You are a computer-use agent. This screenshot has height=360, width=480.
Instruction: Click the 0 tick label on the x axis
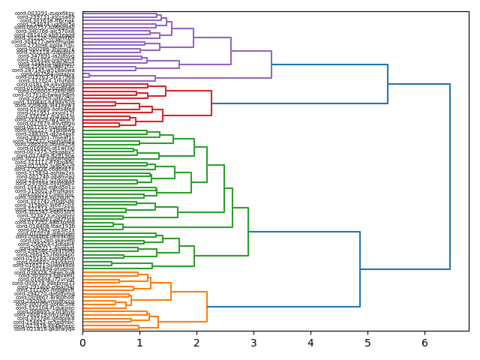click(82, 343)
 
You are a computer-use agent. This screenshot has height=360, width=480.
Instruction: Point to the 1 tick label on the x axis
click(139, 343)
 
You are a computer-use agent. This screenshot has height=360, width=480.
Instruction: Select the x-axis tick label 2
click(196, 343)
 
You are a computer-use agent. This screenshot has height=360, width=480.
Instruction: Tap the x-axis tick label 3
click(253, 343)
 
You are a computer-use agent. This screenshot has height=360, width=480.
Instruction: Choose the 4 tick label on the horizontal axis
click(310, 343)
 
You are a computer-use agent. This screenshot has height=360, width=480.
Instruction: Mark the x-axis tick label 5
click(367, 343)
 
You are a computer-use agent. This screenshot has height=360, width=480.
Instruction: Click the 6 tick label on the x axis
click(424, 343)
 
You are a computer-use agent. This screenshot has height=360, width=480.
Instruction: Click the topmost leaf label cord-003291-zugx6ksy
click(45, 13)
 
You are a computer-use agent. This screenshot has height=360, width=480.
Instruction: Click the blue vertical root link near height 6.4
click(450, 176)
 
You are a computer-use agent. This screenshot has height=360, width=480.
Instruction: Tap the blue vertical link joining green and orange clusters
click(360, 269)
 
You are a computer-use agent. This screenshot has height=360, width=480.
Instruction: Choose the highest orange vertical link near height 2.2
click(207, 307)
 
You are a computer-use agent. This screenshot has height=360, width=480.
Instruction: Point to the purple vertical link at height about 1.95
click(193, 37)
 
